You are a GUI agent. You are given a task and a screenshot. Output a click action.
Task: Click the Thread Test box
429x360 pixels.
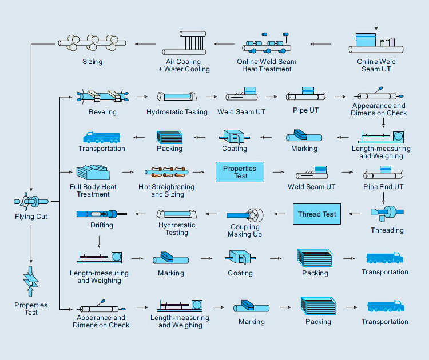coord(317,214)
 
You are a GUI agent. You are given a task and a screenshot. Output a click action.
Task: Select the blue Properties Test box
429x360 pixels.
coord(240,172)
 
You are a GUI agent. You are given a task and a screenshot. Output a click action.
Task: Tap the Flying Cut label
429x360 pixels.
coord(31,217)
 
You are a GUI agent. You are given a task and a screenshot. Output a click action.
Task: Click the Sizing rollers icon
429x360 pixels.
coord(92,43)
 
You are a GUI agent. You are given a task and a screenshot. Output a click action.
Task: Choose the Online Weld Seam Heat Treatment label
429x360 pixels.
coord(267,65)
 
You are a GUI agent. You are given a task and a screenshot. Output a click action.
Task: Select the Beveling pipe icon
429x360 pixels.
coord(102,96)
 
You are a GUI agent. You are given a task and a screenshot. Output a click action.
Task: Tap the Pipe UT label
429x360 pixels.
coord(306,111)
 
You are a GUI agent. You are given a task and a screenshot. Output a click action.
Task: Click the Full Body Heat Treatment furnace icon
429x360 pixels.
coord(93,172)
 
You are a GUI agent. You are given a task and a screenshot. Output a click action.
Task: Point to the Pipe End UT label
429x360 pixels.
coord(383,187)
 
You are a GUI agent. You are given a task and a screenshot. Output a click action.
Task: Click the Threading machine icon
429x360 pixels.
coord(387,213)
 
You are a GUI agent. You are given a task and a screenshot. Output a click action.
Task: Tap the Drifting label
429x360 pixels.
coord(102,225)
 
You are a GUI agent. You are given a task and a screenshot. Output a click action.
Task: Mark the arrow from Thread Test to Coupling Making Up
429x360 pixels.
coord(279,214)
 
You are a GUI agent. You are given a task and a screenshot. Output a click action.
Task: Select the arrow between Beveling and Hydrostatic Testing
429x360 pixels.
coord(143,97)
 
